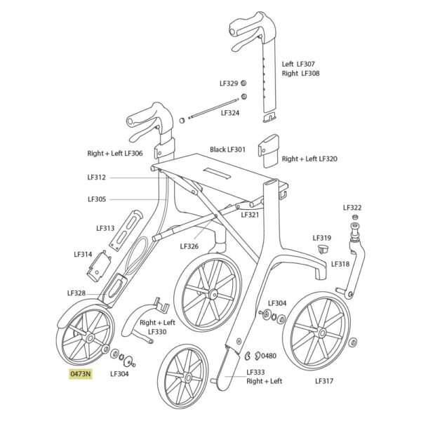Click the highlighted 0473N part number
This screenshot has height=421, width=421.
tap(81, 374)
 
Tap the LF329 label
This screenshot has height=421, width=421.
tap(229, 83)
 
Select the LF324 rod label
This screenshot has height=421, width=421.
tap(230, 113)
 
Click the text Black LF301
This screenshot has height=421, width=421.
tap(227, 149)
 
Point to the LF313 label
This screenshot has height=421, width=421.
tap(105, 228)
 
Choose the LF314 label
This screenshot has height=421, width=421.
tap(83, 254)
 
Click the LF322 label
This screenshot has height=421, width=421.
tap(352, 208)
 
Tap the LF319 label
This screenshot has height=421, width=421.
tap(322, 238)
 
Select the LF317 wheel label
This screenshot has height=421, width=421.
tap(324, 381)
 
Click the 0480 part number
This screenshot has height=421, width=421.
tap(269, 356)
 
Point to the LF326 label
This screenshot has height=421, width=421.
tap(189, 246)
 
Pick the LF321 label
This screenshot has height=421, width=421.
tap(250, 215)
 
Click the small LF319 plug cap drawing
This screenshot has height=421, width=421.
tap(323, 248)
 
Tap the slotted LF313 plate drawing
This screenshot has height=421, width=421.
tap(126, 230)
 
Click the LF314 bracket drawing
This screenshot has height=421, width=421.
tap(99, 266)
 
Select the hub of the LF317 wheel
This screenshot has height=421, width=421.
tap(322, 333)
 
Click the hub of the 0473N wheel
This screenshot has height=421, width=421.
tap(90, 338)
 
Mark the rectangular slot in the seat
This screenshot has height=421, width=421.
tap(217, 173)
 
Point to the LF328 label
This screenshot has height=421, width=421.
tap(76, 293)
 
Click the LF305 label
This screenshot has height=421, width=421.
tap(97, 199)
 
